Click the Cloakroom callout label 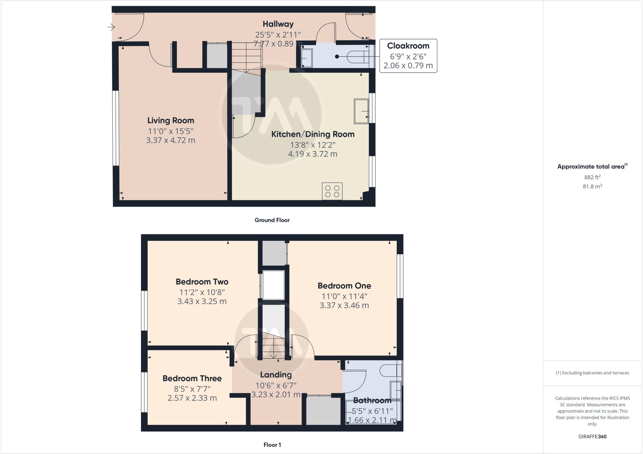[408, 46]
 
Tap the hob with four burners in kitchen [332, 191]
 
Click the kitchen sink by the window [361, 111]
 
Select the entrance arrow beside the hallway [111, 27]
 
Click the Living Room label [170, 121]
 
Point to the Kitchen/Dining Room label [313, 134]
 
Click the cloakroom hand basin [306, 58]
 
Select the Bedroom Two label [202, 282]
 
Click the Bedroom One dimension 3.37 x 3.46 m [344, 305]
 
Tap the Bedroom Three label [192, 378]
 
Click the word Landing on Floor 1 [276, 375]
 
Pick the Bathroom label [372, 400]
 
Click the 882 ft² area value [592, 177]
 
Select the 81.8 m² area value [592, 186]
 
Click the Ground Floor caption [272, 220]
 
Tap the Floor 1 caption [272, 445]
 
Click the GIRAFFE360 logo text [592, 436]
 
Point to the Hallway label [278, 24]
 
